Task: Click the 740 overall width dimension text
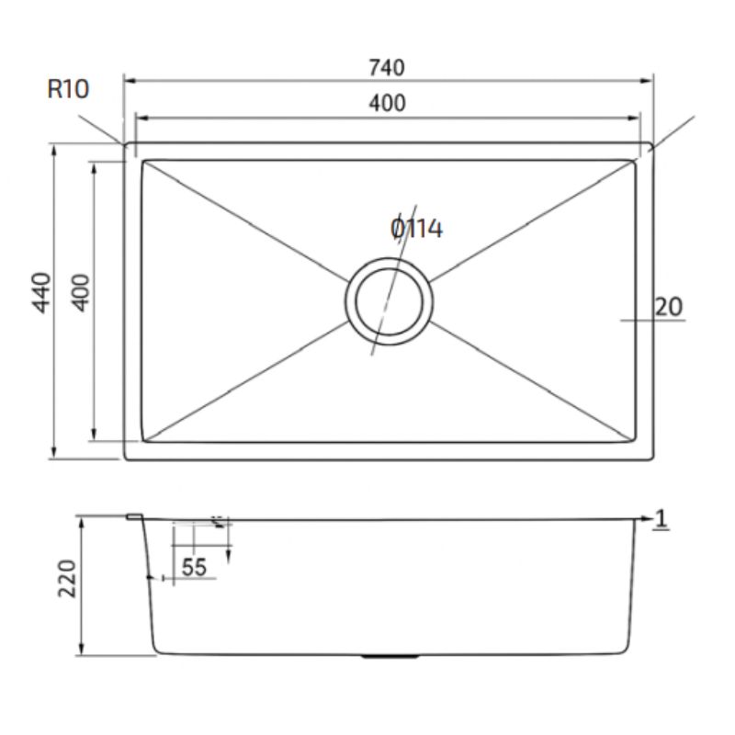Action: point(387,67)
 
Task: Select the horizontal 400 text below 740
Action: point(387,104)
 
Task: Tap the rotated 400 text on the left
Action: point(82,292)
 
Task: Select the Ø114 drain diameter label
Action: point(416,228)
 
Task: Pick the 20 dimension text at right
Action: point(669,307)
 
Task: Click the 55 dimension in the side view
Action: point(194,568)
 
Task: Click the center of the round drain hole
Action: point(390,301)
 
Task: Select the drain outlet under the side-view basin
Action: point(389,657)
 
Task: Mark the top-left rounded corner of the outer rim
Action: point(127,146)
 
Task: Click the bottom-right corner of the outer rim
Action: point(651,458)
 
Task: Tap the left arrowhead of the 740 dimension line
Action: point(128,81)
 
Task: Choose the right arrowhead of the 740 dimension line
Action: point(649,81)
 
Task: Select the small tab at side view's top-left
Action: point(134,518)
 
